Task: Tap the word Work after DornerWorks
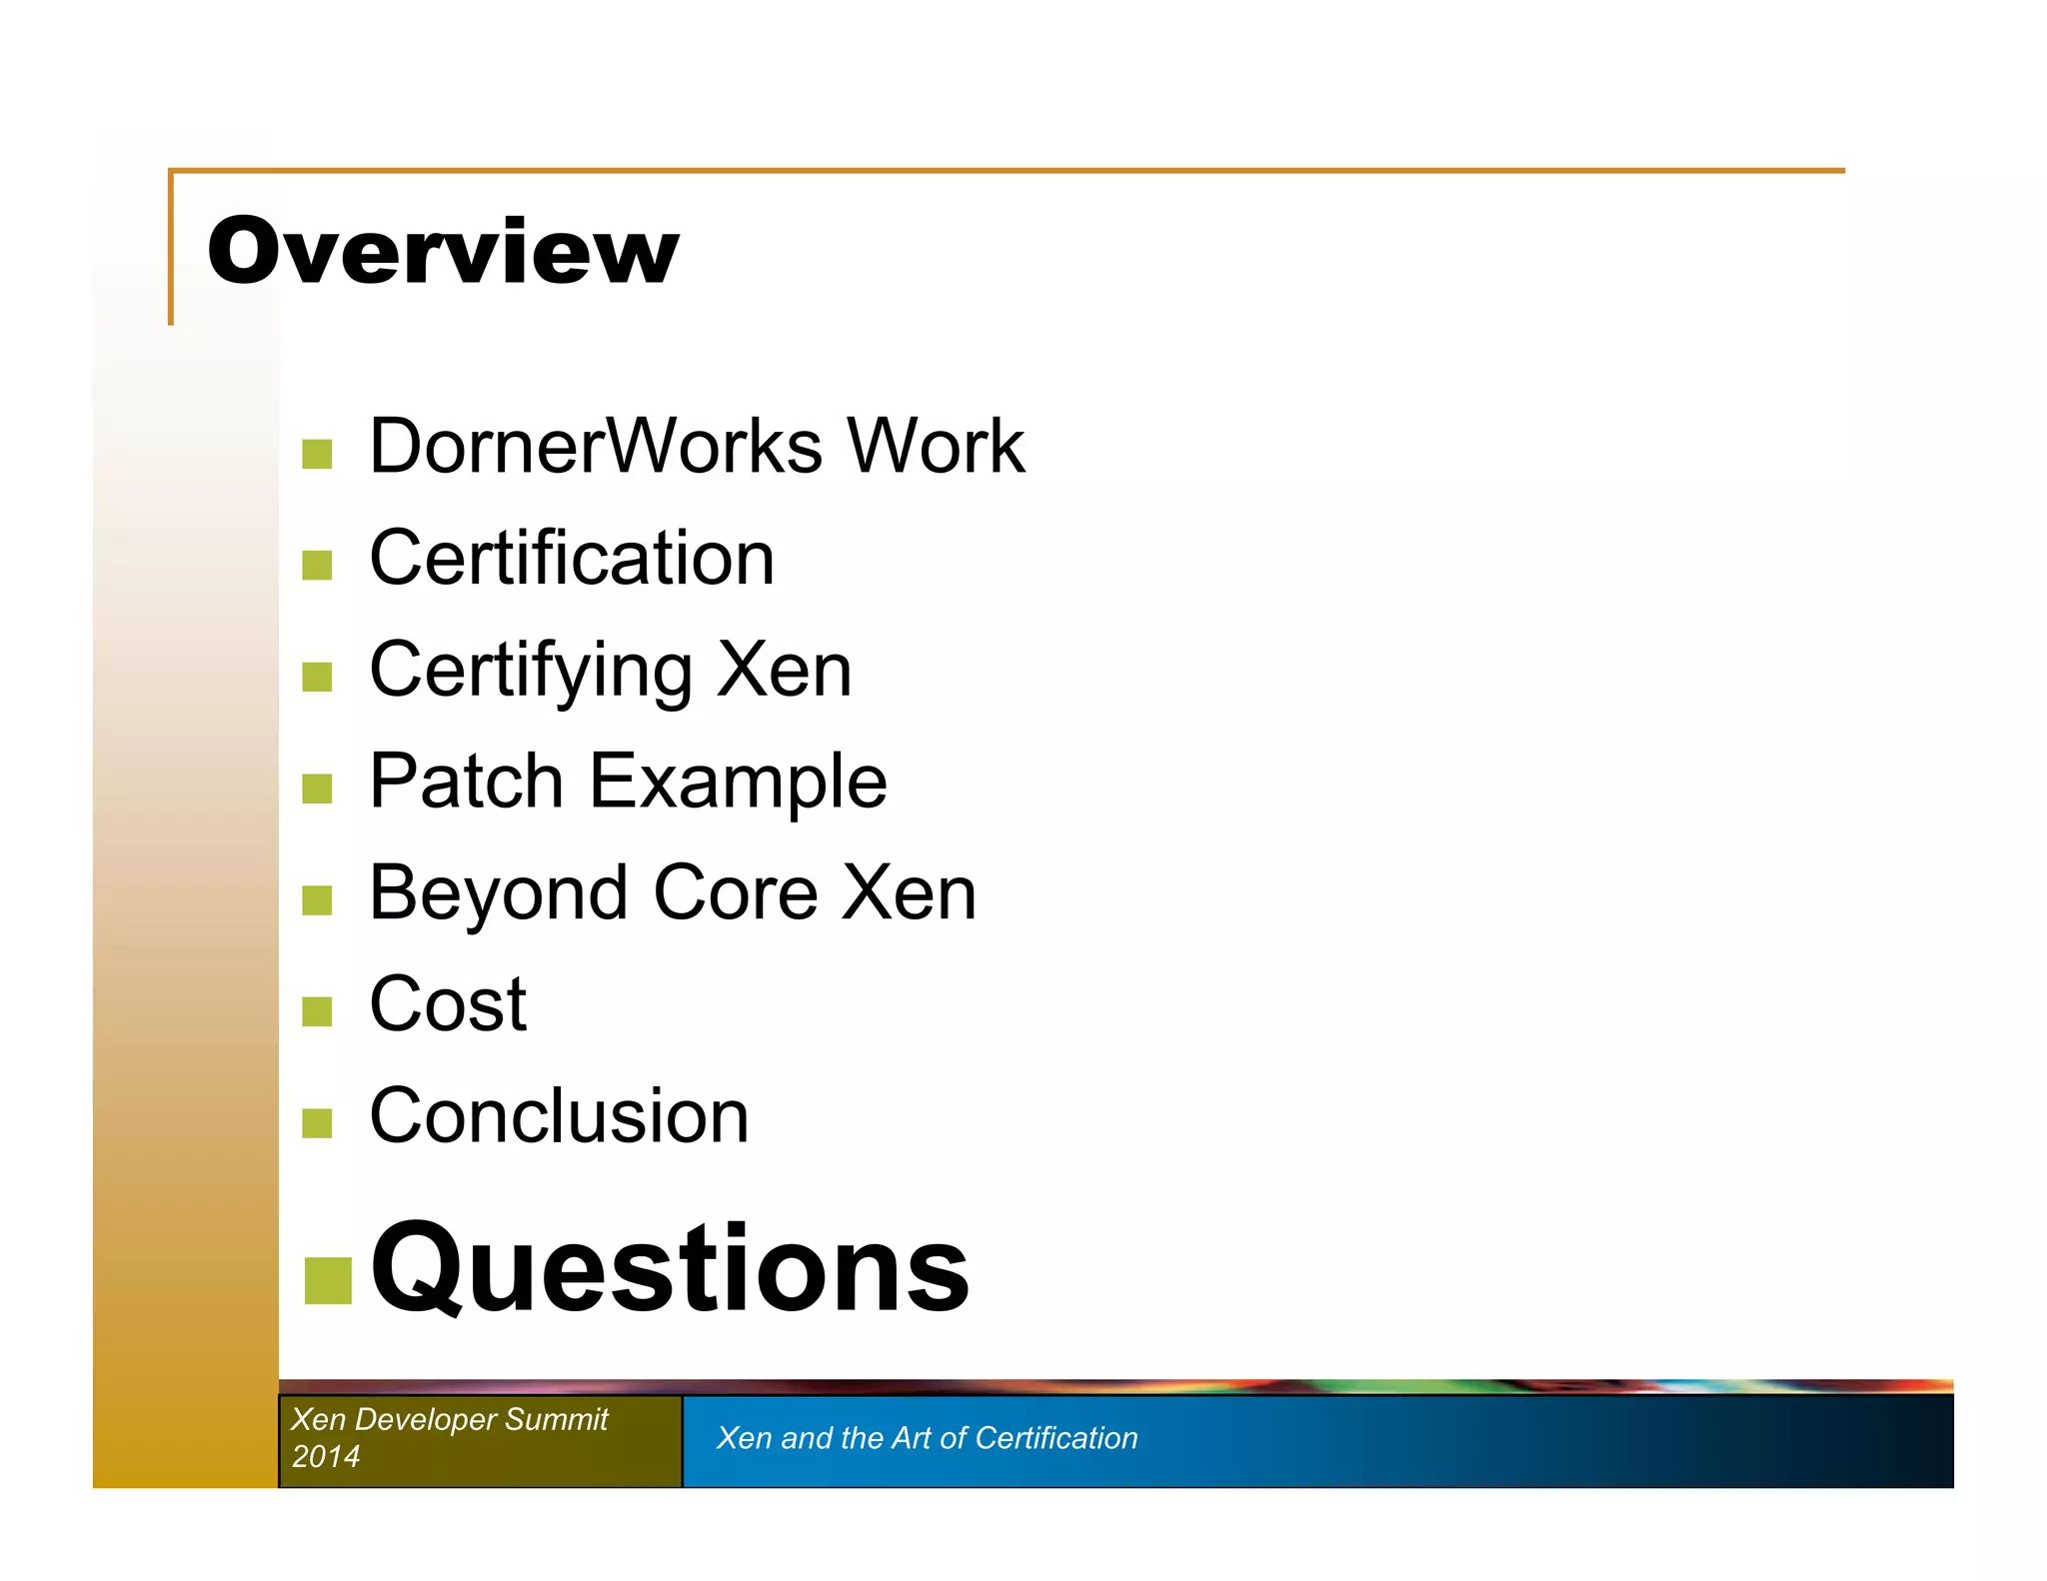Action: [936, 446]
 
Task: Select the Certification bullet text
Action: [572, 558]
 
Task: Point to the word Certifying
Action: [531, 671]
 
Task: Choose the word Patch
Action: [467, 781]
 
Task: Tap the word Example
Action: [739, 783]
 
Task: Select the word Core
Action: [736, 893]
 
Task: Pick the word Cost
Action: [448, 1004]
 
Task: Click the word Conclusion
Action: [559, 1116]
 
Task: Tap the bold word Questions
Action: [670, 1269]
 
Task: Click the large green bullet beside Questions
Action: [328, 1280]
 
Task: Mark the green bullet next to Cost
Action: [317, 1011]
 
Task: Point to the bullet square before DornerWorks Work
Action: [317, 454]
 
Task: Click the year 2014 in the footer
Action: [326, 1456]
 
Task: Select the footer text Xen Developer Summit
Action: [449, 1419]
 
